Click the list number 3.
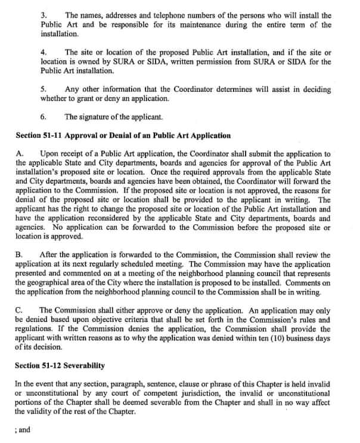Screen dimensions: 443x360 coord(44,14)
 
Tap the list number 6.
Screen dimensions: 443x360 coord(44,117)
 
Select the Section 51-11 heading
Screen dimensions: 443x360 coord(124,136)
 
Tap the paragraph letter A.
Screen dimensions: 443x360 coord(19,154)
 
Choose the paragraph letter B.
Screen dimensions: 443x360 coord(19,255)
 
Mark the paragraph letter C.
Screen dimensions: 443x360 coord(19,310)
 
